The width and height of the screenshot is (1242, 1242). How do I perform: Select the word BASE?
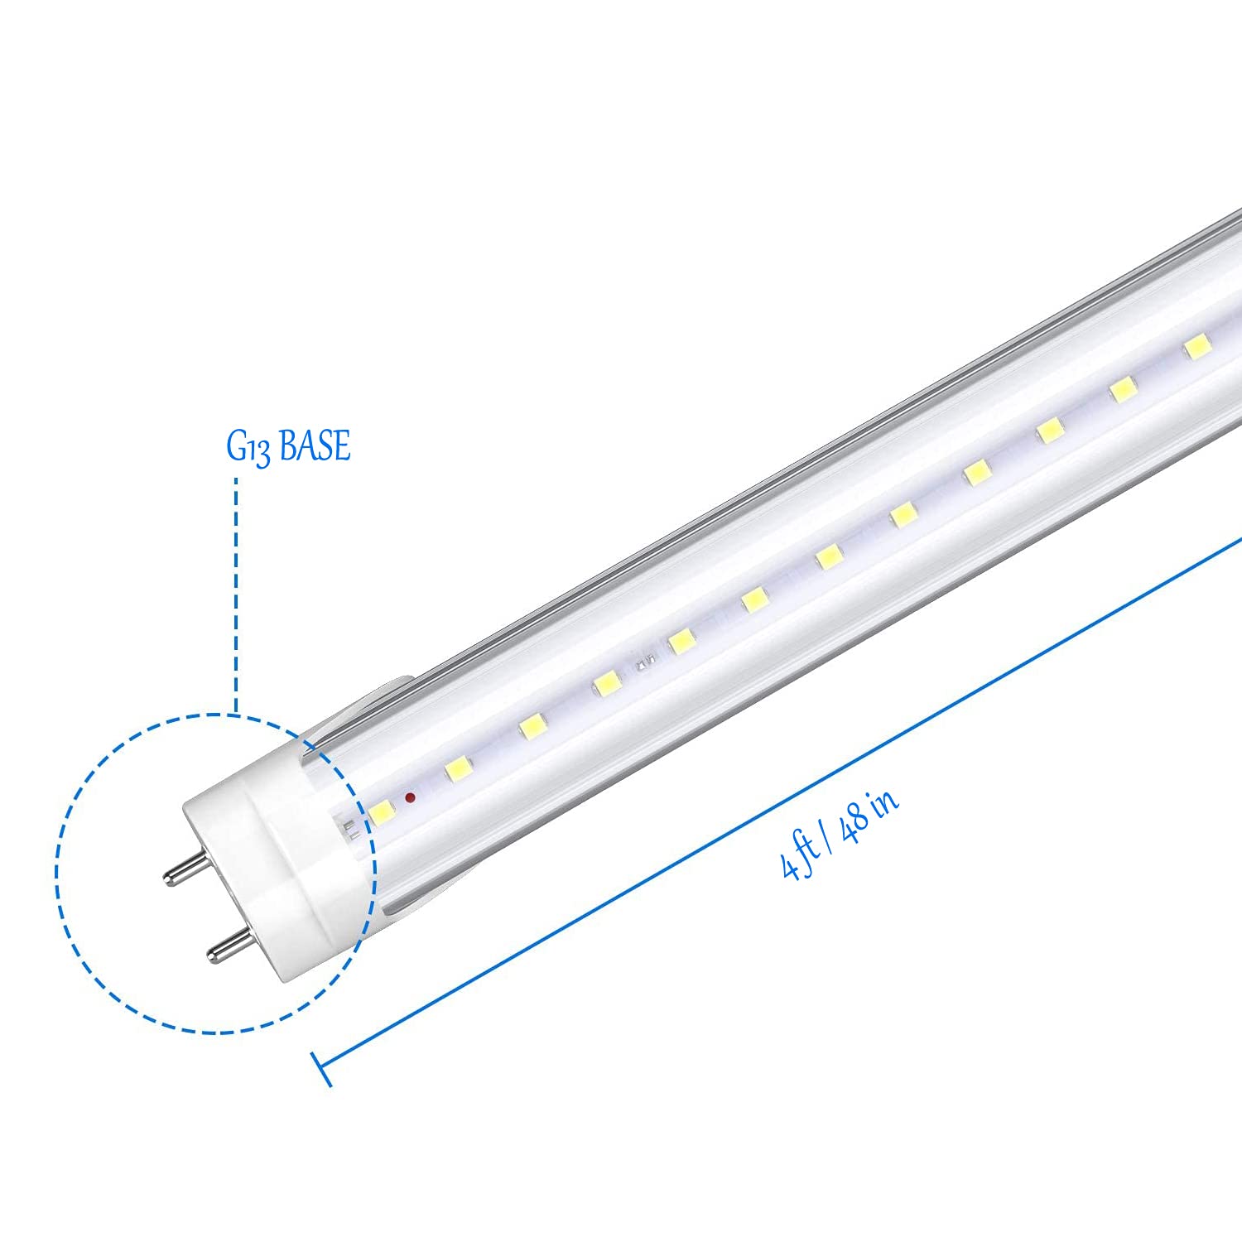(315, 445)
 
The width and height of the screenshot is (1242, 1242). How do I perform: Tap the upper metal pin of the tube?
(186, 869)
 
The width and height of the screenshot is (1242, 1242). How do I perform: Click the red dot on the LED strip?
(409, 797)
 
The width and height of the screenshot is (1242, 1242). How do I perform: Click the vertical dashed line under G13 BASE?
(237, 596)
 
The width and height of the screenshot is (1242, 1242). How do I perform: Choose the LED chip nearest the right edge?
(1195, 348)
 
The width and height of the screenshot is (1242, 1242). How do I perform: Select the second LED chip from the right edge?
(1122, 389)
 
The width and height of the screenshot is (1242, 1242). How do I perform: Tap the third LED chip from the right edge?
(1049, 431)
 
